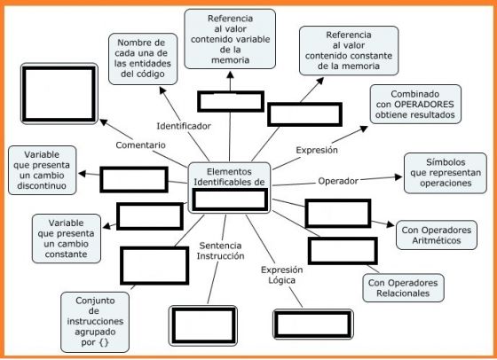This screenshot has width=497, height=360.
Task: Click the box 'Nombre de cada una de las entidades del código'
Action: (143, 59)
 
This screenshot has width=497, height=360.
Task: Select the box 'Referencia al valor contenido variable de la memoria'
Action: (230, 39)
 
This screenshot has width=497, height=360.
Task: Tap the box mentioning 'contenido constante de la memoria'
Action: (349, 51)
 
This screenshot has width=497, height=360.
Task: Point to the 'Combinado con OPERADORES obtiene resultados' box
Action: (415, 104)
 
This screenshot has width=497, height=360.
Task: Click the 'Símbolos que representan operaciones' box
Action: (445, 173)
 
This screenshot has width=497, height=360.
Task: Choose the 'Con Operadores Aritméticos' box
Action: (436, 235)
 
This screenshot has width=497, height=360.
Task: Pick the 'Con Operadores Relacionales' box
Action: (403, 288)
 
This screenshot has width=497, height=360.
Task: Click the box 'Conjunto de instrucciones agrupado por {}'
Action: (95, 322)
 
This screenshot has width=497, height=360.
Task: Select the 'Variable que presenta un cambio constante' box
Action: (67, 239)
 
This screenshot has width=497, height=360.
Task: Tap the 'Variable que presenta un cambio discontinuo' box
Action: (43, 170)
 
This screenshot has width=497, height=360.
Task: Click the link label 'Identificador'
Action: (184, 126)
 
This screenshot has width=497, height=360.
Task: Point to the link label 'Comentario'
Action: (140, 145)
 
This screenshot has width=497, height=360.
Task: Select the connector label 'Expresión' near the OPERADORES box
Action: (317, 150)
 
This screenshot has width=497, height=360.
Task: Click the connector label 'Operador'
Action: (338, 181)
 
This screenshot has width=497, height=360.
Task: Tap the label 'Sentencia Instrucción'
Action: (220, 250)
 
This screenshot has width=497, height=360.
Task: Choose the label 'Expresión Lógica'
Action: (282, 275)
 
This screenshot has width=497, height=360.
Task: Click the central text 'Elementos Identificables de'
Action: (229, 176)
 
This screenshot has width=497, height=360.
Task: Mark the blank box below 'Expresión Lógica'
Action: (313, 325)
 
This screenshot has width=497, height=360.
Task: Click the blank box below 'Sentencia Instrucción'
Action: (203, 325)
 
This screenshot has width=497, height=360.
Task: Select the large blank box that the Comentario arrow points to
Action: (59, 94)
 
